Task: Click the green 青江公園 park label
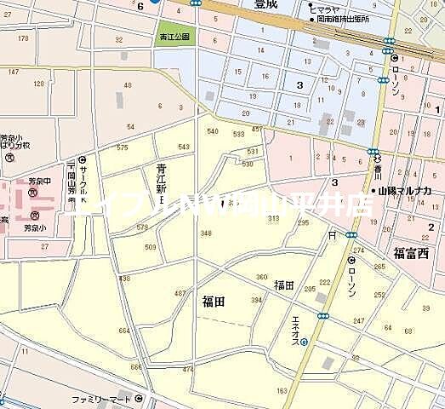[176, 37]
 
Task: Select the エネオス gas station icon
[304, 343]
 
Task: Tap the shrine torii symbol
[331, 233]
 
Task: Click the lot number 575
[123, 148]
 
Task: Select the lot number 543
[184, 147]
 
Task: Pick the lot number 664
[125, 331]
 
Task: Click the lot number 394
[256, 300]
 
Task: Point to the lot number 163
[281, 391]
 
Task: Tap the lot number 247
[359, 320]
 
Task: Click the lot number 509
[151, 247]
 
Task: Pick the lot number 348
[206, 233]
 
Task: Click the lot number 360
[261, 277]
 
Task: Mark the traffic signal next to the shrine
[351, 233]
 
